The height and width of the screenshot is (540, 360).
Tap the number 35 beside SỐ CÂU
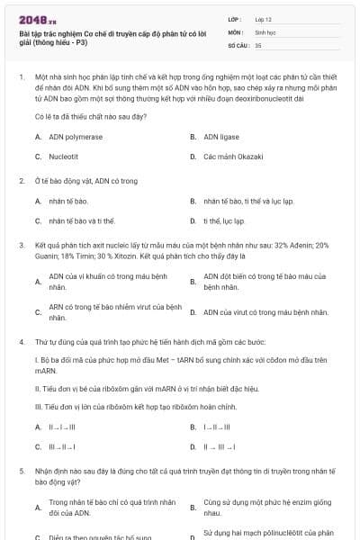coord(258,44)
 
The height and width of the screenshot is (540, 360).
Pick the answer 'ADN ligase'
coord(224,137)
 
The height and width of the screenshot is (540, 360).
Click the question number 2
coord(22,181)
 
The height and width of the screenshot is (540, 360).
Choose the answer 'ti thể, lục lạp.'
coord(224,220)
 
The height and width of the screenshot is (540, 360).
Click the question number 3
coord(22,245)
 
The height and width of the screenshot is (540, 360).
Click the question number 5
coord(22,471)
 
